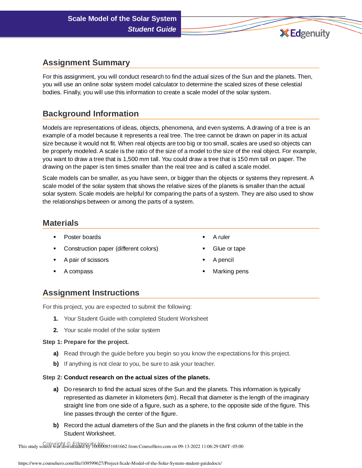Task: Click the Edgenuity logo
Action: [305, 33]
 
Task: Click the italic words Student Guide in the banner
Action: [152, 29]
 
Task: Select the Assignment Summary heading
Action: [86, 63]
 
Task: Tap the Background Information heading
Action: [90, 114]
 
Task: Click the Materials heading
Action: [60, 223]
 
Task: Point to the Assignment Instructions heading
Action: [91, 293]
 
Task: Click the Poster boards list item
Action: [82, 237]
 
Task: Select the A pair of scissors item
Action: [86, 260]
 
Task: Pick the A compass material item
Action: [78, 272]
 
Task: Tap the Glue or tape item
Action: [229, 249]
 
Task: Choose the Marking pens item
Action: [230, 272]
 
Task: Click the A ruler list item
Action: [221, 237]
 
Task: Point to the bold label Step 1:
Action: [52, 342]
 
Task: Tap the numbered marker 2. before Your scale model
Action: [56, 330]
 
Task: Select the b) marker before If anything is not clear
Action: [56, 364]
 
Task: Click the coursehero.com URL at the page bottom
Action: [120, 463]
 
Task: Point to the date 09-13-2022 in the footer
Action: [189, 446]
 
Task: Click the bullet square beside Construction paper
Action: [55, 249]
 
